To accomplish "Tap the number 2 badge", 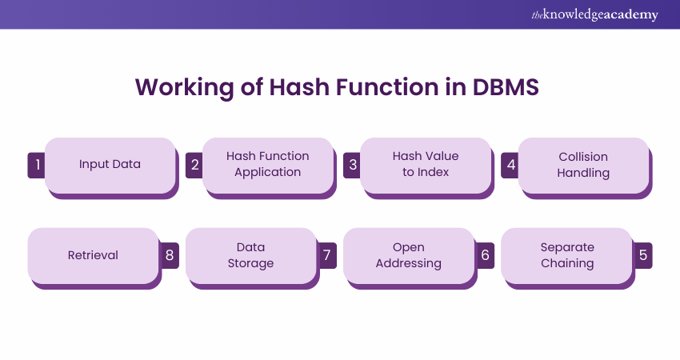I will pos(194,165).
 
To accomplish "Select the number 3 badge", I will pos(351,165).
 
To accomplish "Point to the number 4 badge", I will pos(510,165).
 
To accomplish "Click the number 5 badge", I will pos(643,255).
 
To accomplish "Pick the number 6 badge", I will pos(485,255).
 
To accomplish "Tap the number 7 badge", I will pos(327,255).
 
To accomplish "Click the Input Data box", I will pos(110,164).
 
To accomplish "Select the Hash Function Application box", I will pos(267,164).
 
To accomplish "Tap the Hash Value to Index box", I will pos(425,164).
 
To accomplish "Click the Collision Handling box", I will pos(583,164).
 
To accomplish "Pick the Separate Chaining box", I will pos(566,255).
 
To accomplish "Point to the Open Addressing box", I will pos(409,255).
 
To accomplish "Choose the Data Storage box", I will pos(250,255).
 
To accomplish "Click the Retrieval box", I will pos(93,255).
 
